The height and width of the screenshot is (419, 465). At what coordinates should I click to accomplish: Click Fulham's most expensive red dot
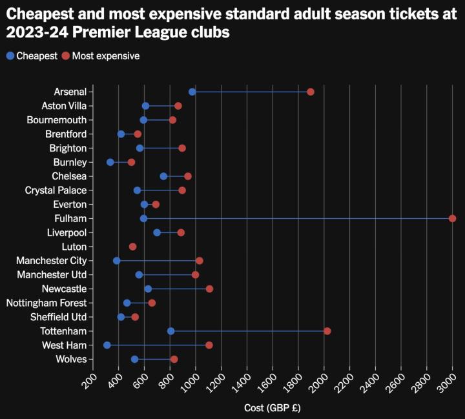452,218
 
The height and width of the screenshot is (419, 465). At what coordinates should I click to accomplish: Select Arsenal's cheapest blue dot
192,92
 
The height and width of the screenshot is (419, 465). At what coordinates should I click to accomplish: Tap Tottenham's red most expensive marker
327,331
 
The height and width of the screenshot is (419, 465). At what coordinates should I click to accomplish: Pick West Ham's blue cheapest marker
107,345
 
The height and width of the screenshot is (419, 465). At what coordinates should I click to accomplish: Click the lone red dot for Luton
132,247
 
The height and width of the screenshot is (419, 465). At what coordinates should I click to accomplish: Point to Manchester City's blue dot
116,261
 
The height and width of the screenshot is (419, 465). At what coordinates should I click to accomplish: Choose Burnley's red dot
131,162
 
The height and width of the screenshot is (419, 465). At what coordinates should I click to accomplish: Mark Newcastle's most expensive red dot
209,289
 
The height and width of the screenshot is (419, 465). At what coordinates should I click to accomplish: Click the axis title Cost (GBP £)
273,408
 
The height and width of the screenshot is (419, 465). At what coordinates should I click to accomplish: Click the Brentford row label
66,134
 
